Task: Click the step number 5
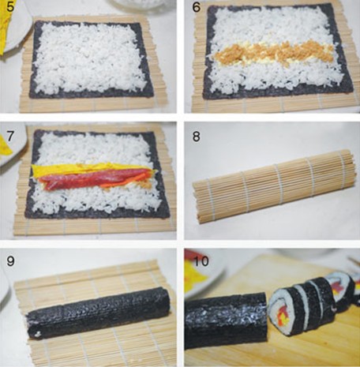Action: (x=10, y=6)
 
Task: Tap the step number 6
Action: (x=197, y=7)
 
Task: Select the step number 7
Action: (x=10, y=137)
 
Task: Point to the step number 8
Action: (x=197, y=137)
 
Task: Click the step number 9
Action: (x=10, y=261)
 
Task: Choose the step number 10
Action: (x=201, y=261)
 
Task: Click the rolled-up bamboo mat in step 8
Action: (x=275, y=185)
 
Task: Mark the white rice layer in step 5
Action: (x=91, y=59)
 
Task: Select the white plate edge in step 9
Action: (x=5, y=286)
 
